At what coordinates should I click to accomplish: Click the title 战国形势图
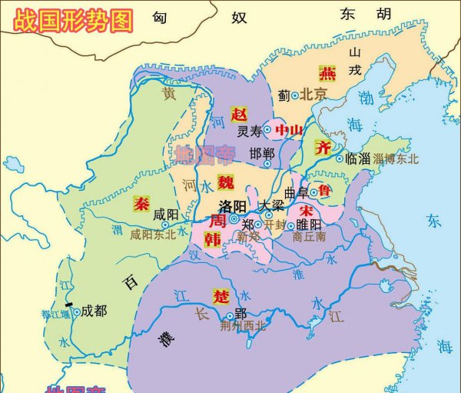click(68, 18)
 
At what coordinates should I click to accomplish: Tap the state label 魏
click(224, 182)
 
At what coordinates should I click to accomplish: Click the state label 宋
click(306, 210)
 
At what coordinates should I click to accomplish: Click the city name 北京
click(313, 95)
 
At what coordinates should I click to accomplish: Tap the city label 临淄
click(358, 158)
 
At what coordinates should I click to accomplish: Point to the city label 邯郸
click(262, 154)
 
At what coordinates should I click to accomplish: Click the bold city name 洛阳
click(233, 206)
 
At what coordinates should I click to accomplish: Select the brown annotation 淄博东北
click(396, 158)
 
